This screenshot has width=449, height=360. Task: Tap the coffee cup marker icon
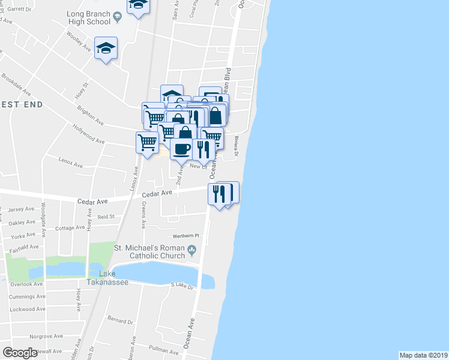click(181, 149)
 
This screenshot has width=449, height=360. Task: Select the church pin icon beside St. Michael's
click(192, 249)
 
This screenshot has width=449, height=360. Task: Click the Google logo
click(20, 353)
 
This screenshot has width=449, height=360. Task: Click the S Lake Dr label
click(183, 287)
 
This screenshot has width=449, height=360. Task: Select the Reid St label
click(106, 216)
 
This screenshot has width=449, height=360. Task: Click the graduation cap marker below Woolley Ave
click(106, 47)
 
